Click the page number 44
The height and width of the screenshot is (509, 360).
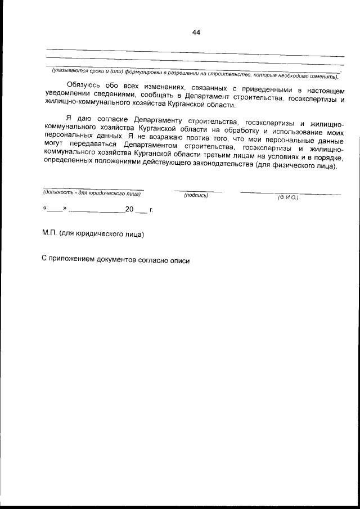(x=196, y=33)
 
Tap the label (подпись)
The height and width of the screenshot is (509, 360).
(x=196, y=196)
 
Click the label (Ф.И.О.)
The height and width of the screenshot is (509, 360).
(x=287, y=197)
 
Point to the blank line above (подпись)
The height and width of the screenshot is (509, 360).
(x=197, y=191)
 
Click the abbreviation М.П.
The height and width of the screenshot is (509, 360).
(x=49, y=233)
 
